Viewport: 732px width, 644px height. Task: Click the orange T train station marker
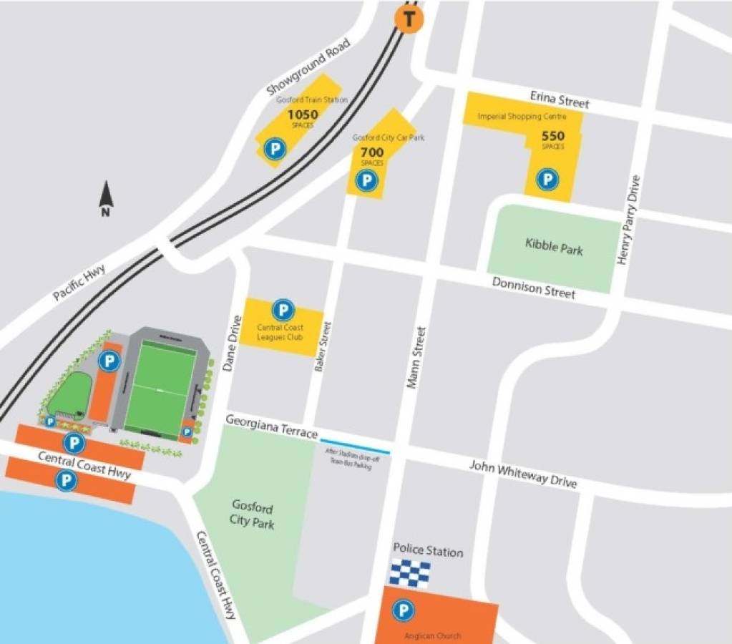click(x=409, y=19)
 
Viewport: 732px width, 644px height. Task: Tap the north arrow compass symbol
click(x=106, y=198)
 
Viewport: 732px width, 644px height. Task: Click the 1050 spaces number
click(x=303, y=114)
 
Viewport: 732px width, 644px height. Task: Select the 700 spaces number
click(x=372, y=152)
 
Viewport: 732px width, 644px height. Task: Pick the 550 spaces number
click(x=552, y=136)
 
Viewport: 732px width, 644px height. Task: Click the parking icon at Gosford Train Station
click(x=274, y=149)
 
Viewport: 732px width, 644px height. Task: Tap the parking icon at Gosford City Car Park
click(x=367, y=180)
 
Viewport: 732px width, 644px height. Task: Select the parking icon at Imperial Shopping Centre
click(x=547, y=179)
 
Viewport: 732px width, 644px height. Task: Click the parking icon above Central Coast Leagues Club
click(x=283, y=311)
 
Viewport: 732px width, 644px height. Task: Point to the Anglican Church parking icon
click(x=404, y=610)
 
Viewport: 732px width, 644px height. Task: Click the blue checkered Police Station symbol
click(x=410, y=574)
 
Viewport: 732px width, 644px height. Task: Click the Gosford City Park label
click(x=252, y=514)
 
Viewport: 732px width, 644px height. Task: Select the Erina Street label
click(x=560, y=99)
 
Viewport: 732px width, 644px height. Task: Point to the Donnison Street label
click(x=533, y=288)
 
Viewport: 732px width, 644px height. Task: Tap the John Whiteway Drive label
click(x=522, y=474)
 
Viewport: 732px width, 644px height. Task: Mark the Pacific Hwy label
click(x=79, y=284)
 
